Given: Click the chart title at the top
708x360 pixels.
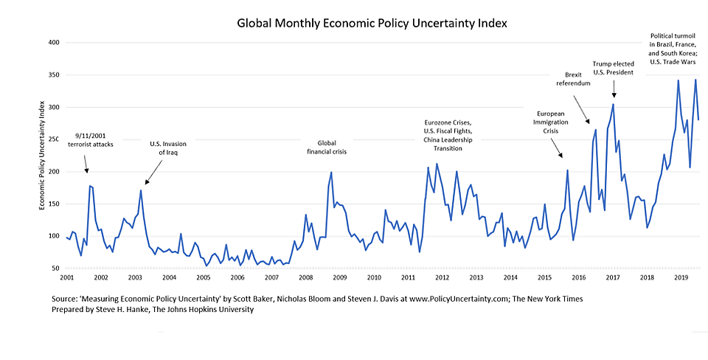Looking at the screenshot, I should pos(372,23).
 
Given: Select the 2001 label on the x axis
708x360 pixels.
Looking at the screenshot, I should pos(66,278).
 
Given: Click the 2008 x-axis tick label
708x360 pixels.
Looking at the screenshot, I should pos(305,278).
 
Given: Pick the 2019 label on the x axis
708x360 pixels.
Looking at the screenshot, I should pos(681,278).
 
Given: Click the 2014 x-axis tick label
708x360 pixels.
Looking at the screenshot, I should pos(510,278).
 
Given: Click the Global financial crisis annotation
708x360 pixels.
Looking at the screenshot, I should pos(327,148).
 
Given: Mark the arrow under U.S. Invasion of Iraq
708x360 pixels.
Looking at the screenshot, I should pos(153,173).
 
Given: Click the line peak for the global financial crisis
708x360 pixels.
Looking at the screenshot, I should pos(331,172).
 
